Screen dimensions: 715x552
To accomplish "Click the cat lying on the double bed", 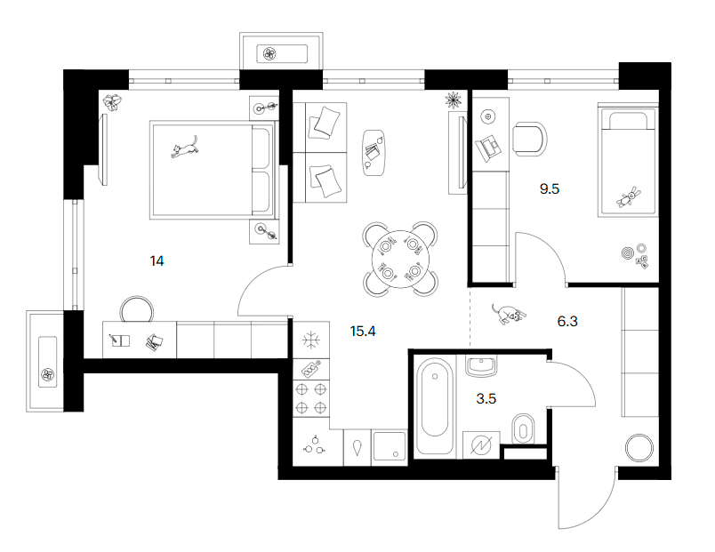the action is [x=185, y=148].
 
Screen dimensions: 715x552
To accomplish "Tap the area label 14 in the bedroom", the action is [x=157, y=261].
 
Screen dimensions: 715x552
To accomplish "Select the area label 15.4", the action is [x=363, y=332].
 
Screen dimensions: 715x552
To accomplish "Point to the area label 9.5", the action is [x=549, y=188].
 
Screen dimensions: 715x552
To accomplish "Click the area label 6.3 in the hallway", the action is [x=567, y=322].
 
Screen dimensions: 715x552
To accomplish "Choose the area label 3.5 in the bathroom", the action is [x=486, y=399].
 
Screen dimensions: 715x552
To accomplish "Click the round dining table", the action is [x=400, y=260].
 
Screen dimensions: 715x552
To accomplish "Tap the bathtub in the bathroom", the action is [x=435, y=405].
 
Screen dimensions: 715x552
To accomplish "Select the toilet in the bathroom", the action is [x=523, y=429].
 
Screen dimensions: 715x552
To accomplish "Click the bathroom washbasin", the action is [x=481, y=366].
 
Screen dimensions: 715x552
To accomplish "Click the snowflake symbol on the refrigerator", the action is [x=311, y=340].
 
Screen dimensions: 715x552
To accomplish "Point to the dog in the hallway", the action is [x=509, y=314].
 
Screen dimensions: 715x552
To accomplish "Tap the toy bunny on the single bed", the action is [x=630, y=197].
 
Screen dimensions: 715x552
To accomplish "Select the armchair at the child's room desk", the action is [x=529, y=139].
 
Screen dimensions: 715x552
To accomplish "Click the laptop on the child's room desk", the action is [x=488, y=147].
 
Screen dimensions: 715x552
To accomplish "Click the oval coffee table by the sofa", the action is [x=374, y=152].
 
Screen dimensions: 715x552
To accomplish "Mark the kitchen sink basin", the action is [x=389, y=447].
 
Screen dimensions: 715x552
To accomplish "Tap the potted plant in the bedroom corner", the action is [x=112, y=101].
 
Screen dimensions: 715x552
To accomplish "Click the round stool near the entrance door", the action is [x=639, y=448].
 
